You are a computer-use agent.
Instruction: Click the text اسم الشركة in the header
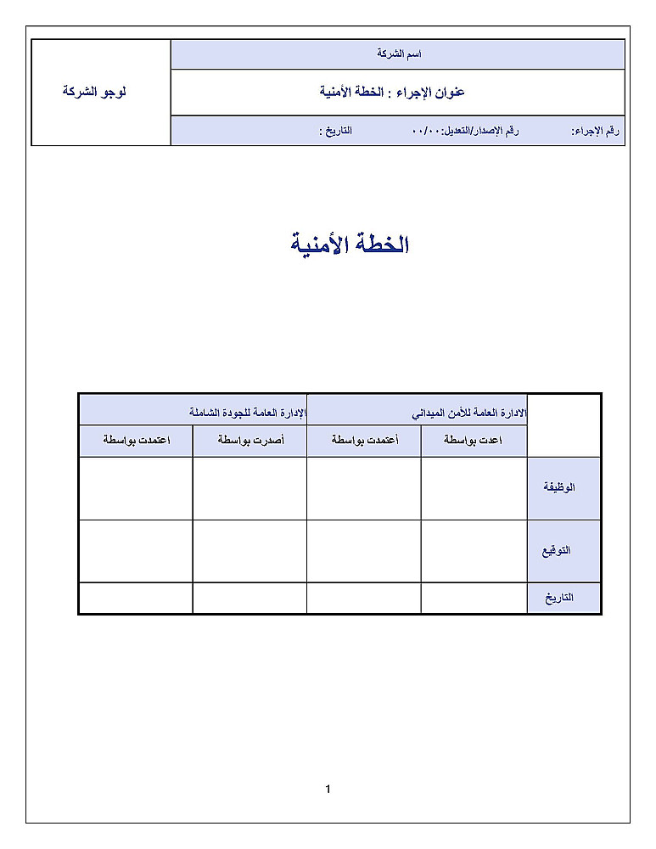(x=399, y=54)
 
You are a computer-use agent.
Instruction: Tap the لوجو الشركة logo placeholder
(x=94, y=91)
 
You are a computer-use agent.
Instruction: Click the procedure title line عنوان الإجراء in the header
(x=392, y=92)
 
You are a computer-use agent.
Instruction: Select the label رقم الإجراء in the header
(x=596, y=132)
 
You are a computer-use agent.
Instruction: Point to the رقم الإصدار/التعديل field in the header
(x=465, y=132)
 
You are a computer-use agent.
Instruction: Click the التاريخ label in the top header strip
(x=335, y=132)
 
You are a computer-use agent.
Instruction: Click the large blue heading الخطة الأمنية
(x=350, y=245)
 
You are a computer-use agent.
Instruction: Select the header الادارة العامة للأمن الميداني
(x=469, y=413)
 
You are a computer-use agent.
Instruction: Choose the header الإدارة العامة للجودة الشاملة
(x=247, y=413)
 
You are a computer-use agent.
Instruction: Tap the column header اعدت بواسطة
(x=474, y=441)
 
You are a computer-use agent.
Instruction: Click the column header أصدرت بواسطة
(x=250, y=441)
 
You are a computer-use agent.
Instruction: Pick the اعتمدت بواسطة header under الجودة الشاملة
(x=135, y=441)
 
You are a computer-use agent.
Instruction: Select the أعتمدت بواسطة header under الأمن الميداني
(x=363, y=441)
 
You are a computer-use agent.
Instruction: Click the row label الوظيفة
(x=559, y=487)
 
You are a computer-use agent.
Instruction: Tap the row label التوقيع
(x=557, y=550)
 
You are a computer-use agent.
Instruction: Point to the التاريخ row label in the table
(x=559, y=597)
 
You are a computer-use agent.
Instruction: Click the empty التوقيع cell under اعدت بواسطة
(x=474, y=550)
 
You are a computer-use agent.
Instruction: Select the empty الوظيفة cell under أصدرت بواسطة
(x=250, y=488)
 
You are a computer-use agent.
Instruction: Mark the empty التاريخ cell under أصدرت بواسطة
(x=250, y=597)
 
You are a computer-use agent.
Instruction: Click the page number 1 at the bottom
(x=328, y=790)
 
